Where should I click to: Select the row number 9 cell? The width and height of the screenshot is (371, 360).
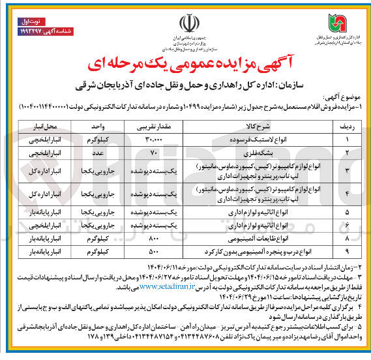tap(348, 250)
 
